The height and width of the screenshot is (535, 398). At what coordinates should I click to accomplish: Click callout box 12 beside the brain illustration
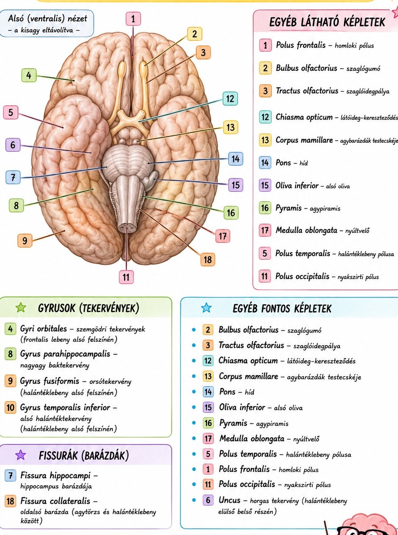pos(230,98)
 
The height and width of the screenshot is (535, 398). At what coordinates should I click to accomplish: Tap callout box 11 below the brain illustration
pos(126,277)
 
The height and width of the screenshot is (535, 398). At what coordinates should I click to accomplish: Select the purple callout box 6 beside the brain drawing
pos(13,145)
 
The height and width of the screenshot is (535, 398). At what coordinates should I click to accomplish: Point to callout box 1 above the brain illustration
pos(133,19)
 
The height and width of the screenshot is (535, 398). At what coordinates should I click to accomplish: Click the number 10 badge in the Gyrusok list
pos(10,408)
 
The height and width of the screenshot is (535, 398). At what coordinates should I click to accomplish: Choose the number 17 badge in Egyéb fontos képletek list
pos(208,438)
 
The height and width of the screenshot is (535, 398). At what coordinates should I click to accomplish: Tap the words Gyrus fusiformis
pos(49,381)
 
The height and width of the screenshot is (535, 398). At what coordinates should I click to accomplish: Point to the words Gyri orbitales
pos(43,329)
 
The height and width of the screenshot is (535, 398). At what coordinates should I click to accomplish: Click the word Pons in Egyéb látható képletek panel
pos(283,163)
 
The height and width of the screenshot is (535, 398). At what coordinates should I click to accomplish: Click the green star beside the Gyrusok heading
pos(21,308)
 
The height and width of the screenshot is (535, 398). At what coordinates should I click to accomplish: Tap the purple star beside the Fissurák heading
pos(20,455)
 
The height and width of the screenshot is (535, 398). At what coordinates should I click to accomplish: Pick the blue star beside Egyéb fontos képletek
pos(207,308)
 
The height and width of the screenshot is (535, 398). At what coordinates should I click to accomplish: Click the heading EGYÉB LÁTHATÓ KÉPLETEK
pos(327,22)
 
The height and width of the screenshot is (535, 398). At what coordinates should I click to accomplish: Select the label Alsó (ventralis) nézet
pos(48,18)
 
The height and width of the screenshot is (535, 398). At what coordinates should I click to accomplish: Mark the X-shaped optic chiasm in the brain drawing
pos(130,118)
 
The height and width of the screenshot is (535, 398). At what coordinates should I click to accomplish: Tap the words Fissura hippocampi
pos(55,475)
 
